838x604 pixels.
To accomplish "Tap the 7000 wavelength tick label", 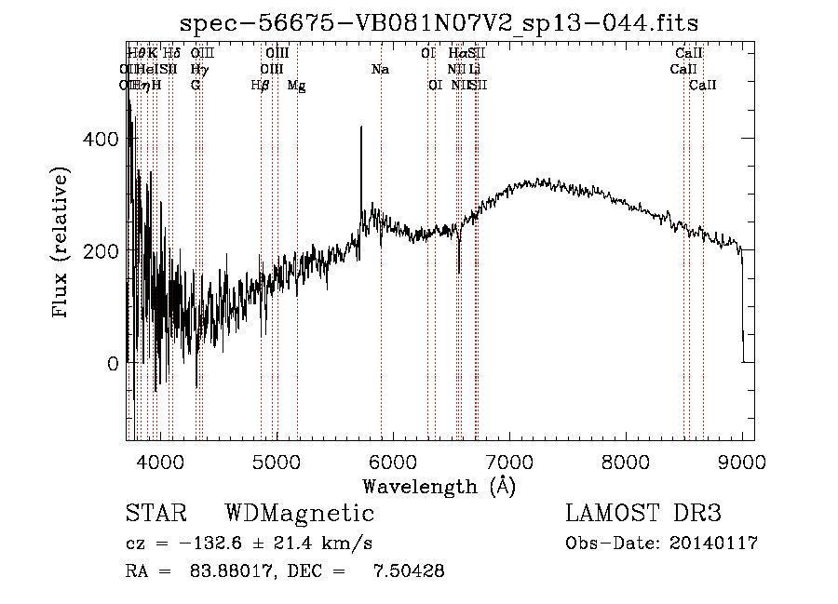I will click(509, 462).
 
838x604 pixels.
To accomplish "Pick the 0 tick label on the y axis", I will click(114, 363).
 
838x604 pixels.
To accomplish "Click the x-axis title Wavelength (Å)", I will click(439, 486).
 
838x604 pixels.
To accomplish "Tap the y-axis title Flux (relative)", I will click(62, 245).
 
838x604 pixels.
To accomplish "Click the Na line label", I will click(380, 69).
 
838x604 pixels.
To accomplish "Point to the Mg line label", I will click(296, 85).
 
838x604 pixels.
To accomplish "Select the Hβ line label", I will click(261, 85).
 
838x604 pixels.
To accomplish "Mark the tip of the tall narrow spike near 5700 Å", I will click(361, 128).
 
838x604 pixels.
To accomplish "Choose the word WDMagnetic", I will click(300, 514).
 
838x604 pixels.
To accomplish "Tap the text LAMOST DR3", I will click(643, 514).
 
